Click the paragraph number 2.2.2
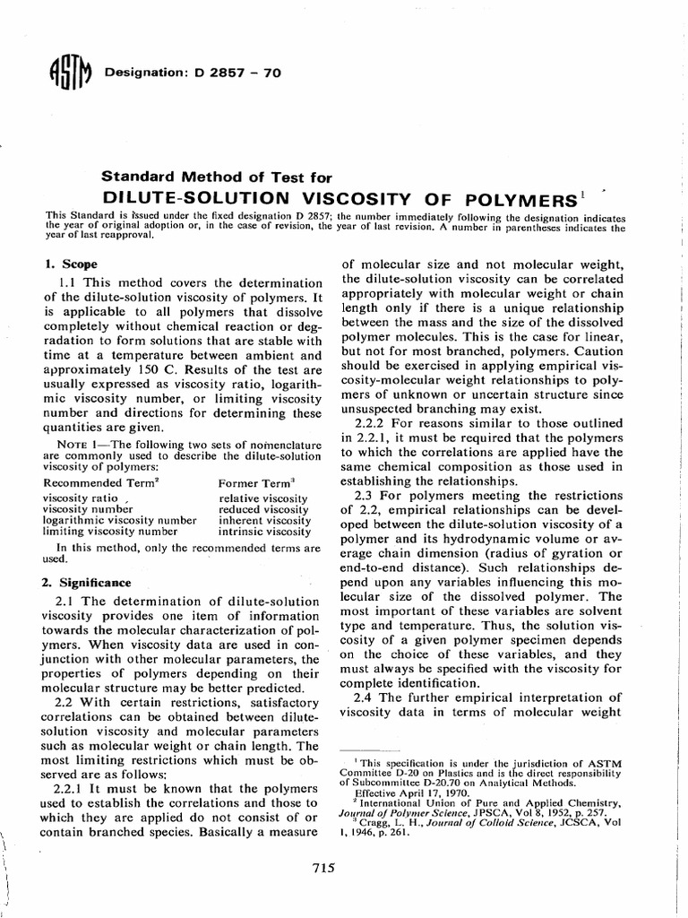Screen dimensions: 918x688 click(x=374, y=423)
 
